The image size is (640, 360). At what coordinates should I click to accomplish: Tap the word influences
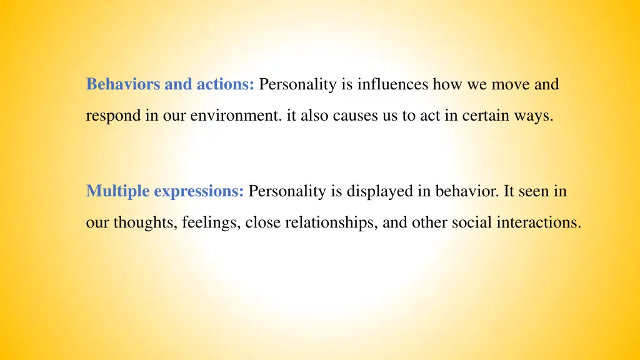click(392, 84)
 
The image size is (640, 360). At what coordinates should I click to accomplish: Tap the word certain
click(488, 117)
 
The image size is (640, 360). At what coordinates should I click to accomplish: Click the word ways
click(537, 117)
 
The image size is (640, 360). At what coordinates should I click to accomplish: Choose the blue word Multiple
click(118, 191)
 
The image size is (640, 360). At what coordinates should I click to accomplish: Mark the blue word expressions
click(199, 191)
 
